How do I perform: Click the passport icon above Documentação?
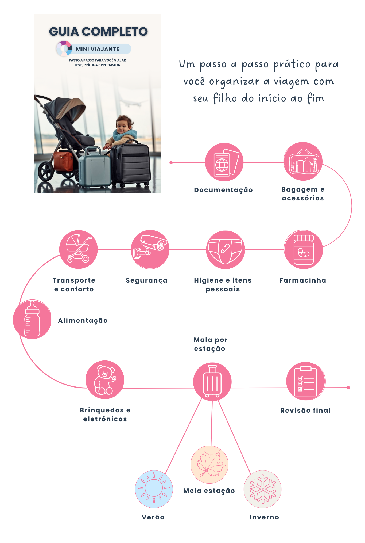[224, 162]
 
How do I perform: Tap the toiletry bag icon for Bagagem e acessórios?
[303, 161]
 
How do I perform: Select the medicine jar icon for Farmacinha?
[303, 249]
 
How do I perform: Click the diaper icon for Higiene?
[226, 249]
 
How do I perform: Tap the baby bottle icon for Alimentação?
[32, 319]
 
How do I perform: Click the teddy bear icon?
[105, 380]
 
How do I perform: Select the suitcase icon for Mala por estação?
[212, 382]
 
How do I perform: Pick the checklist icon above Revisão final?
[305, 381]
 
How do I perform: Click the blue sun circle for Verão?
[154, 489]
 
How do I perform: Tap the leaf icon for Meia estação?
[209, 465]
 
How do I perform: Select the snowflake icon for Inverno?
[262, 489]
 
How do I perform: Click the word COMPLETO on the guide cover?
[115, 32]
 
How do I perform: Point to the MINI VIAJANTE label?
[98, 49]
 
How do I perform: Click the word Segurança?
[147, 280]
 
